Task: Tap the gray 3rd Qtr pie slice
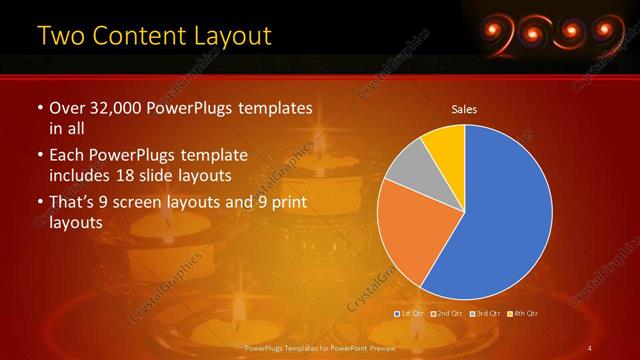[404, 168]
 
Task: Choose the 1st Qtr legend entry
[410, 314]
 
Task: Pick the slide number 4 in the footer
[591, 347]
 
